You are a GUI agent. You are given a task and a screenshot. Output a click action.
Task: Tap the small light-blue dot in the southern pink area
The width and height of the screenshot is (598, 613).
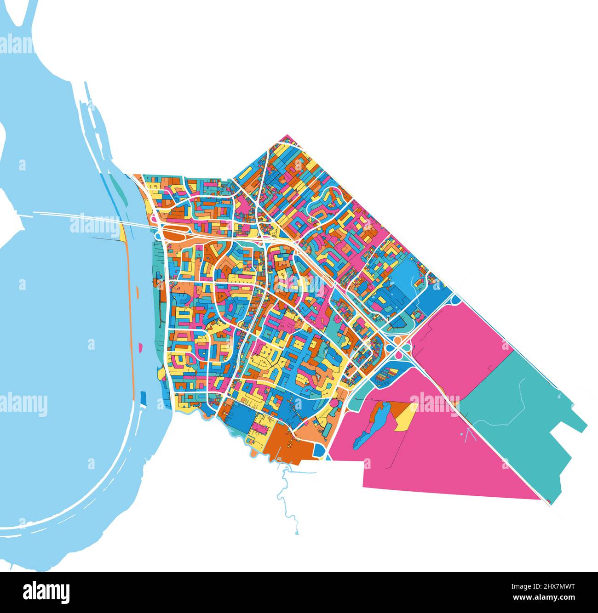[x=461, y=433]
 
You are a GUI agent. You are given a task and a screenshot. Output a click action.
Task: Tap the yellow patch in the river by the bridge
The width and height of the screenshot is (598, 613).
[x=122, y=232]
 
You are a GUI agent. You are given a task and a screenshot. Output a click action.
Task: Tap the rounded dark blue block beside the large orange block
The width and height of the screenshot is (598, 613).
[x=320, y=450]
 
